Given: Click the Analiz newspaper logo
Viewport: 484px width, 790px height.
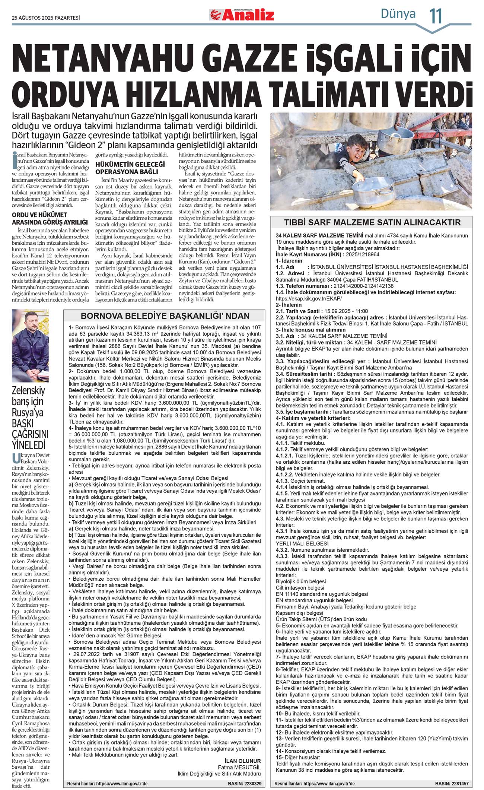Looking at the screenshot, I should tap(242, 15).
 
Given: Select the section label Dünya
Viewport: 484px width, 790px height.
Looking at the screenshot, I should tap(398, 14).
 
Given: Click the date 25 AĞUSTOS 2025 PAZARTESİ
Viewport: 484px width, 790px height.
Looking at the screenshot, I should tap(46, 18).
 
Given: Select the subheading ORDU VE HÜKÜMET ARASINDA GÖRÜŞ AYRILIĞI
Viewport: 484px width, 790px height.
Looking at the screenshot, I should tap(50, 218).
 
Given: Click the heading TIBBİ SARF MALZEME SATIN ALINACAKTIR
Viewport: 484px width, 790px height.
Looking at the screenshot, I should tap(372, 222).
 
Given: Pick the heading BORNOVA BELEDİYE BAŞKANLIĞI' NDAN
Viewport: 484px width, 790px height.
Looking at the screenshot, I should tap(165, 316).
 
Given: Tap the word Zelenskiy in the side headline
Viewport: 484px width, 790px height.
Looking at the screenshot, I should tap(28, 390).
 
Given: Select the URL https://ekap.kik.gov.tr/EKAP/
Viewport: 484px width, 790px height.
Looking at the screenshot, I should tap(309, 298).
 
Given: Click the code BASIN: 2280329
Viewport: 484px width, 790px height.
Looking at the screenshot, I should tap(244, 784).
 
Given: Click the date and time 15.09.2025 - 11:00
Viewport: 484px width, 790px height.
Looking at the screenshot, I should tap(346, 311).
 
